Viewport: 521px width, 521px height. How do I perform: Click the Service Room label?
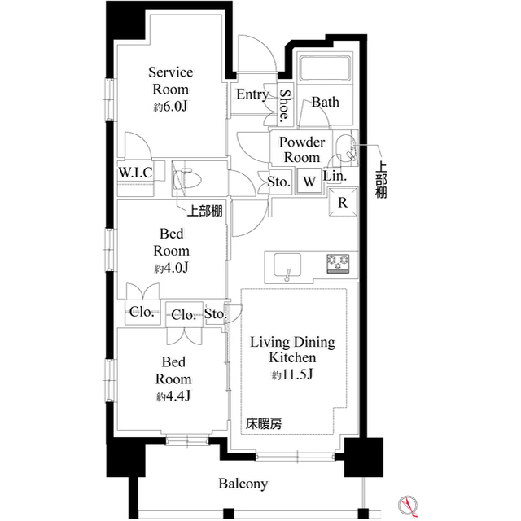coord(170,81)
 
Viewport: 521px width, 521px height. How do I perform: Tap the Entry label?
coord(252,94)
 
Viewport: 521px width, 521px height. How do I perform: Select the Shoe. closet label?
coord(284,105)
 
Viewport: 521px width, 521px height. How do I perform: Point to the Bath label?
coord(326,103)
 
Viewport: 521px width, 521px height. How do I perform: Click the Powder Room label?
coord(302,150)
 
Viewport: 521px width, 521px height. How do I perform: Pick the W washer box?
coord(309,182)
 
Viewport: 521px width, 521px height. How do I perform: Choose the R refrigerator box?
coord(343,203)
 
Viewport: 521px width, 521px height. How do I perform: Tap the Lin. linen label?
coord(335,176)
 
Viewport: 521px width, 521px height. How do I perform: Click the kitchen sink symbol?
coord(286,264)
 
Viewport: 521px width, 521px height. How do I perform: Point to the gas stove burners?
coord(338,263)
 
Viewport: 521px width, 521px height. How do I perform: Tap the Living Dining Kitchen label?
coord(292,350)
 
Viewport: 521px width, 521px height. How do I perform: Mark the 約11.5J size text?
coord(292,375)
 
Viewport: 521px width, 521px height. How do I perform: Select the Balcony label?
coord(243,484)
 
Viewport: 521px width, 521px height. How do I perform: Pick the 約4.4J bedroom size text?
coord(173,396)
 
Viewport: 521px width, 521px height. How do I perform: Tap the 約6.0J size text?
coord(170,106)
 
